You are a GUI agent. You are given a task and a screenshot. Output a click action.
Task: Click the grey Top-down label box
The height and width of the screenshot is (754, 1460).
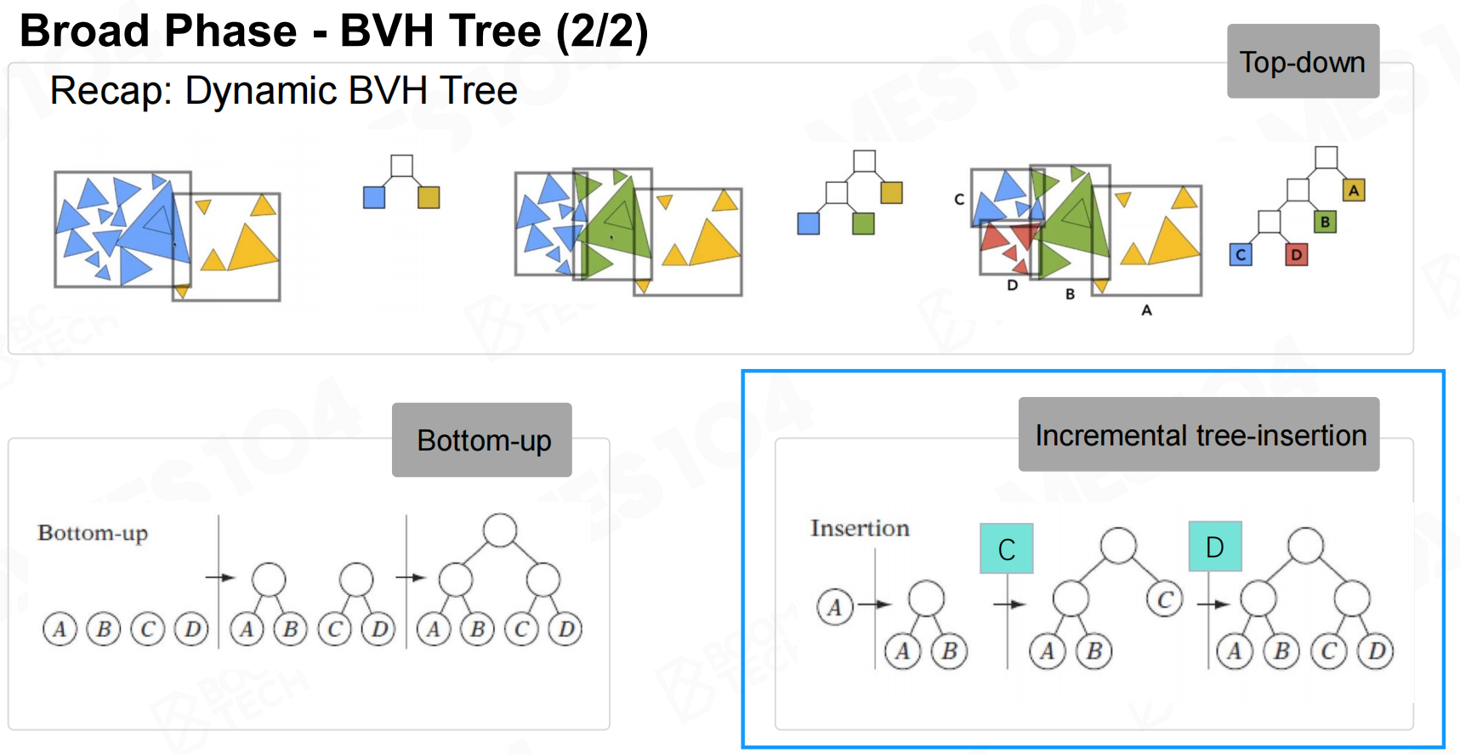pos(1302,61)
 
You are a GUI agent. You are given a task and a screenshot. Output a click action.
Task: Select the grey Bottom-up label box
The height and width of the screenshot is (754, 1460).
pos(481,439)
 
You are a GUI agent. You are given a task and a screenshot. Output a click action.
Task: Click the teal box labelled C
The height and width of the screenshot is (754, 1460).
pos(1006,548)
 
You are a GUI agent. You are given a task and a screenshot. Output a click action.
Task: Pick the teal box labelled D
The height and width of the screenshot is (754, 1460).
pos(1214,547)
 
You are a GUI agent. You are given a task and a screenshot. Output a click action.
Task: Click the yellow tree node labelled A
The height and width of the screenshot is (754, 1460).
pos(1354,190)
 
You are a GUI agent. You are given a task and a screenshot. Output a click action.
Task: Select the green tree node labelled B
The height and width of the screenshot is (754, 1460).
pos(1325,223)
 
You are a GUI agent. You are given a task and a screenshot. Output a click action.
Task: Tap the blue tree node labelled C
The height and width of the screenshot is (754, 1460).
pos(1241,254)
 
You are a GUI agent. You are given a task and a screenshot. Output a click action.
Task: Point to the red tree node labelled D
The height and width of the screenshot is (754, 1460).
pos(1296,254)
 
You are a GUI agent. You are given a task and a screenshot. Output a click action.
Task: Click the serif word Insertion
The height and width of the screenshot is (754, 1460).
pos(860,528)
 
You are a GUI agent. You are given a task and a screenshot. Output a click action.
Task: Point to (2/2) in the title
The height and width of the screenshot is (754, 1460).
pos(602,31)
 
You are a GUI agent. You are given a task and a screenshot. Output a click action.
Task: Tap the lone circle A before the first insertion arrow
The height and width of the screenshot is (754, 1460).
pos(835,607)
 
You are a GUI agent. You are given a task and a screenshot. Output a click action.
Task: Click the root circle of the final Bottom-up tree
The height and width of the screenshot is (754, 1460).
pos(499,530)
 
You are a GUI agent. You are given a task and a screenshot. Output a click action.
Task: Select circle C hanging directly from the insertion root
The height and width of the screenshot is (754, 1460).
pos(1165,599)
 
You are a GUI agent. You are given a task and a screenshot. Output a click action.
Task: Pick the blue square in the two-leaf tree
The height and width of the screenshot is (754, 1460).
pos(374,197)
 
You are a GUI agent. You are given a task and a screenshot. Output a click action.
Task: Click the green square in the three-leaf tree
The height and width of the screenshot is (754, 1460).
pos(863,224)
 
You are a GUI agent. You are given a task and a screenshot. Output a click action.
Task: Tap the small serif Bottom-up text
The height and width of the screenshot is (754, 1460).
pos(93,533)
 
